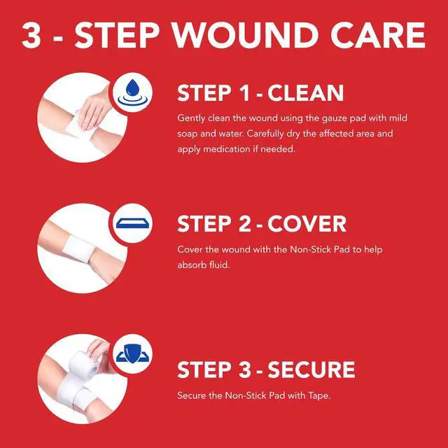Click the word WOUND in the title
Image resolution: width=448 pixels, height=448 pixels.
click(x=246, y=36)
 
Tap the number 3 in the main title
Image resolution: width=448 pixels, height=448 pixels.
click(x=31, y=36)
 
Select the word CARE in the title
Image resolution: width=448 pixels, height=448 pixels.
click(x=378, y=36)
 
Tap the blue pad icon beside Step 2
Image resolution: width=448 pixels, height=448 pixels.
click(x=132, y=223)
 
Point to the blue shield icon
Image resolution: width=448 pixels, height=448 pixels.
click(x=132, y=353)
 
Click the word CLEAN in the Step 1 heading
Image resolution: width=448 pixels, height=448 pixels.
click(x=305, y=93)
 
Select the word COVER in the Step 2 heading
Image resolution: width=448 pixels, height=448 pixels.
click(x=307, y=224)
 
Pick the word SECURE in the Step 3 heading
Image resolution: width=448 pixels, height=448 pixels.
click(x=311, y=370)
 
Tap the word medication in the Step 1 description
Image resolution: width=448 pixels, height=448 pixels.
click(x=227, y=149)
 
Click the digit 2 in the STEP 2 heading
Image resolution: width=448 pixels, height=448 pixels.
click(x=244, y=224)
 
